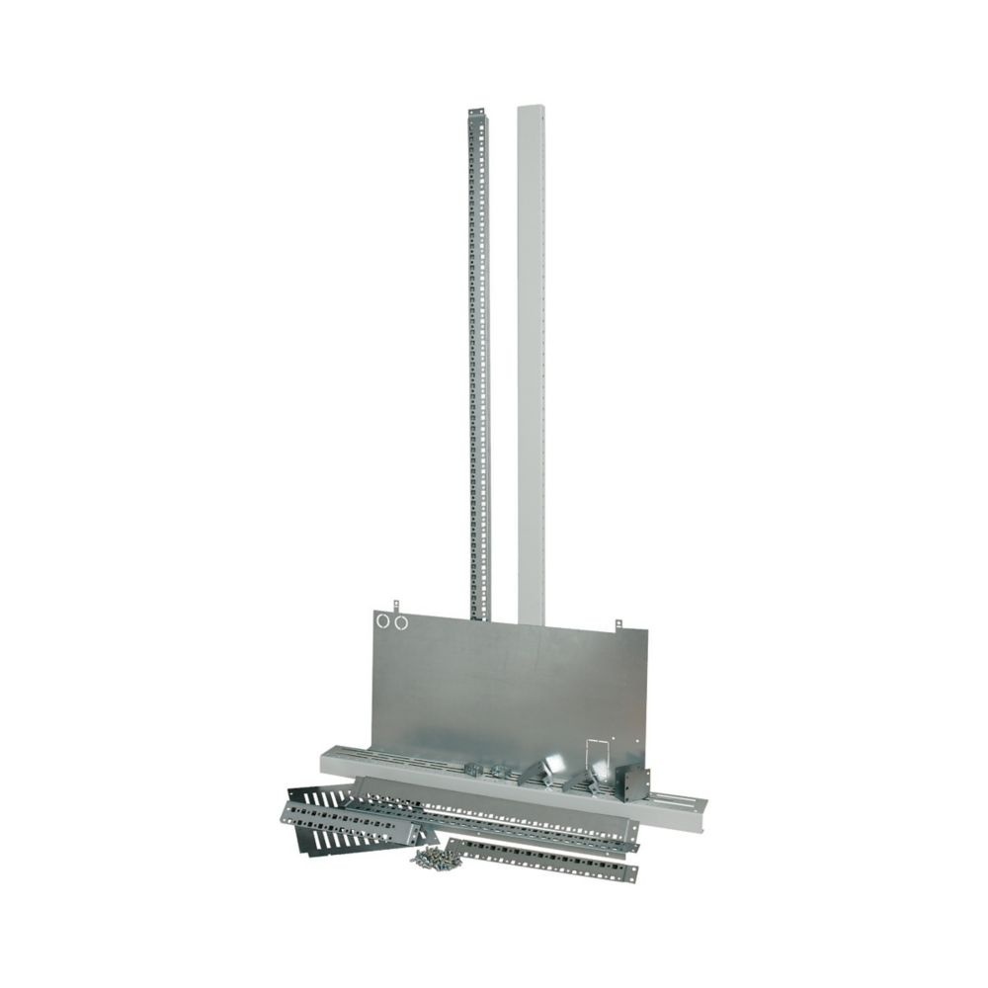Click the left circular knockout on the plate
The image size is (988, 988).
tap(383, 621)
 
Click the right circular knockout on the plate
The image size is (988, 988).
tap(400, 621)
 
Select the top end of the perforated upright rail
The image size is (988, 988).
tap(475, 115)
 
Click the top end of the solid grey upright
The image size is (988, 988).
tap(531, 105)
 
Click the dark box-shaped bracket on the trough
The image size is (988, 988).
tap(631, 783)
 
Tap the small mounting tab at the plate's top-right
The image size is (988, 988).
tap(618, 624)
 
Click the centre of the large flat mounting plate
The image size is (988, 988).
tap(504, 692)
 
